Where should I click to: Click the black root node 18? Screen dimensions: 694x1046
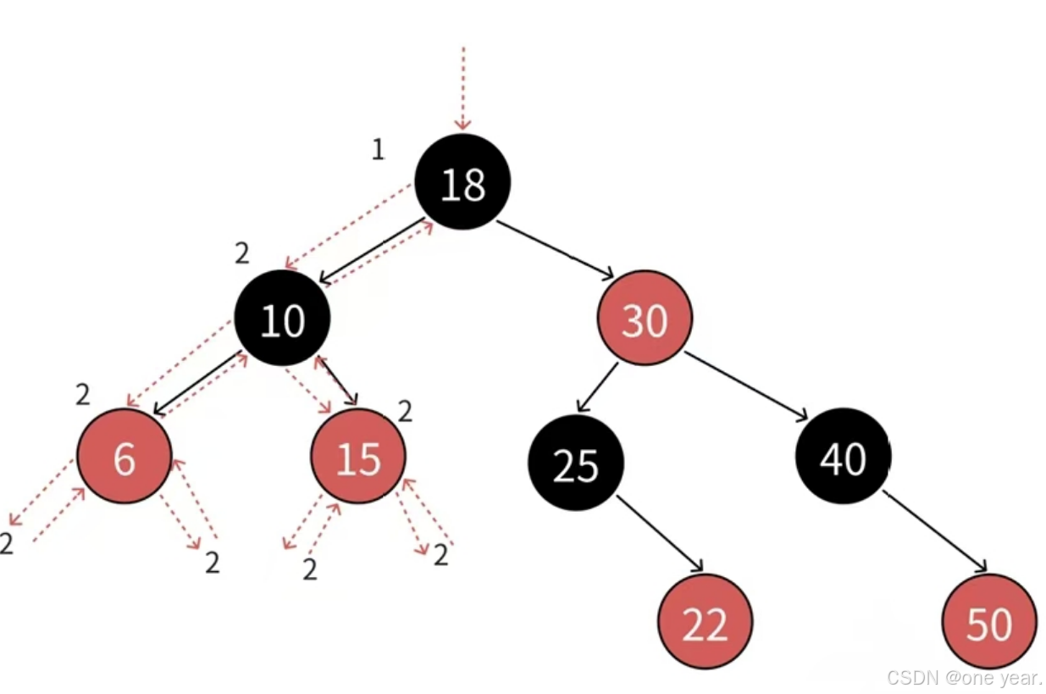pos(462,182)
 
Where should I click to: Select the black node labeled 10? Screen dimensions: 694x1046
pos(282,319)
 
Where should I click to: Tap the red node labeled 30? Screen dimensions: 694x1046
pos(645,319)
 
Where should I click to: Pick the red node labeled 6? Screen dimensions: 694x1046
pos(125,458)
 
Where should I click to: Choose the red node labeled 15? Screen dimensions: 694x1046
pos(358,458)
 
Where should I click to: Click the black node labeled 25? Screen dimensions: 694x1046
pos(576,464)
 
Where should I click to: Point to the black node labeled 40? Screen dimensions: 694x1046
pos(843,458)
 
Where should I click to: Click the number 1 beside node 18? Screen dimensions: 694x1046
pos(378,149)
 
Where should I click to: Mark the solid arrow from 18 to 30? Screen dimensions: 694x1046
pos(555,248)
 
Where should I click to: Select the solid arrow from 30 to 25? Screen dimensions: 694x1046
pos(598,387)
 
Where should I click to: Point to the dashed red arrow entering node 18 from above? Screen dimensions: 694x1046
pos(463,89)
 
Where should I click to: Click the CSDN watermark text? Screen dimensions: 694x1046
pos(965,678)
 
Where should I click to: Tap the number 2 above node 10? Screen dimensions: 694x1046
pos(243,253)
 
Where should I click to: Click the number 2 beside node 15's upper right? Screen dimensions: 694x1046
pos(405,412)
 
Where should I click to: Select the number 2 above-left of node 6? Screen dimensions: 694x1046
pos(82,394)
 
